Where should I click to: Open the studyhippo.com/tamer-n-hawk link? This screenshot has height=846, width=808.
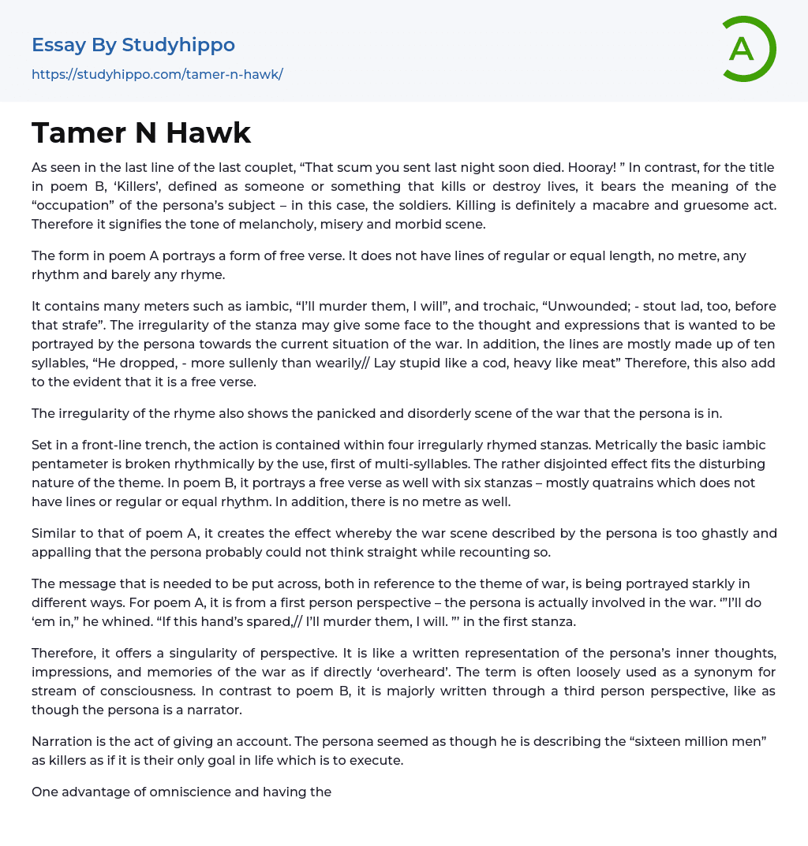click(157, 75)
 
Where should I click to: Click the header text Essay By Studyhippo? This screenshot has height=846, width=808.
click(133, 45)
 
